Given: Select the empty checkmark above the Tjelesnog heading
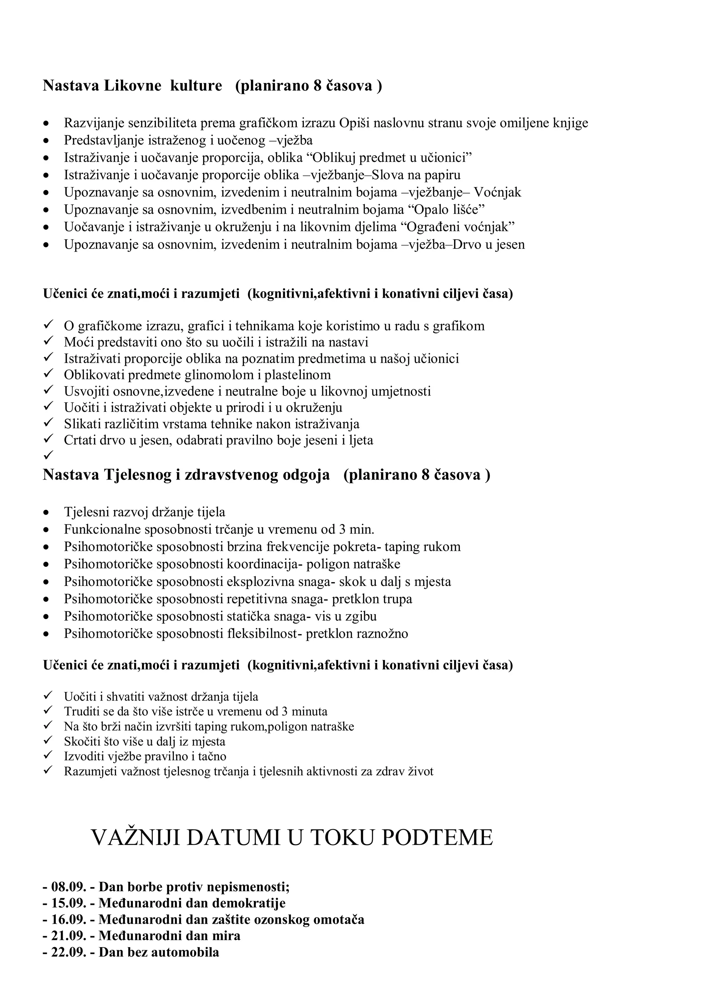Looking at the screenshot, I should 48,455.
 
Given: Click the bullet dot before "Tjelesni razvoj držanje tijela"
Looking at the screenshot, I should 46,513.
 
